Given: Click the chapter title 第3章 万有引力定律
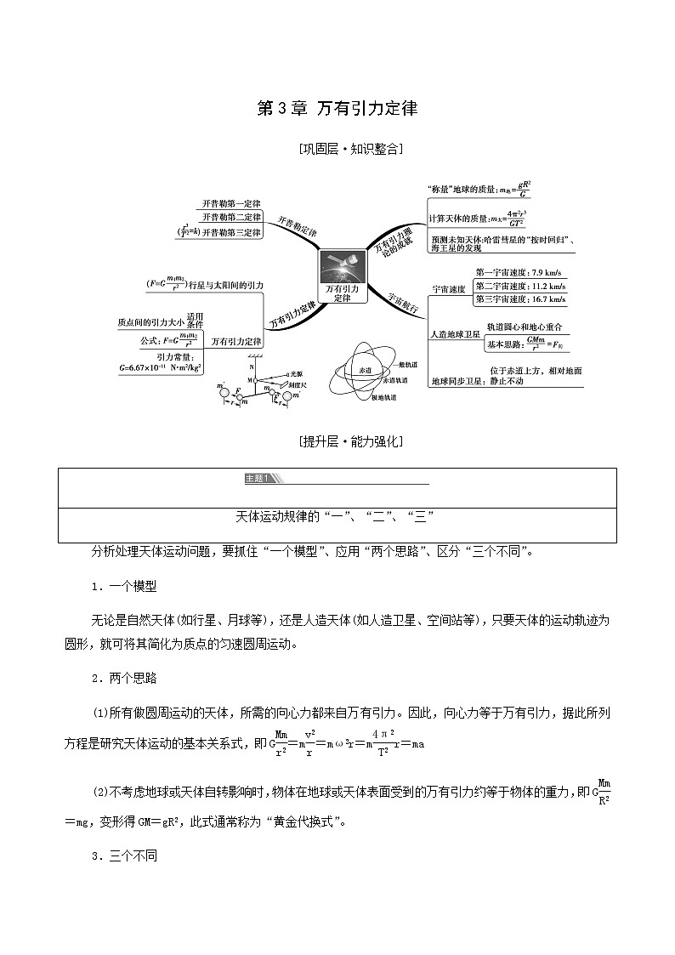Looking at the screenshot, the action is (337, 110).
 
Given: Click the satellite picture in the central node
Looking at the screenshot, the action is (341, 267).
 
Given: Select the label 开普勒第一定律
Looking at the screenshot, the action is (231, 203).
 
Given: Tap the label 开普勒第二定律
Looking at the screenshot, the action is (231, 217).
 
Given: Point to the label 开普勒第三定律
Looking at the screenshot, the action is (231, 231).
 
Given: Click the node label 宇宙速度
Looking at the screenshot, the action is (449, 289).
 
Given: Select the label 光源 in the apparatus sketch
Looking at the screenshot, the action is (296, 374).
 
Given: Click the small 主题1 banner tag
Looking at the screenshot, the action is (257, 479).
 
